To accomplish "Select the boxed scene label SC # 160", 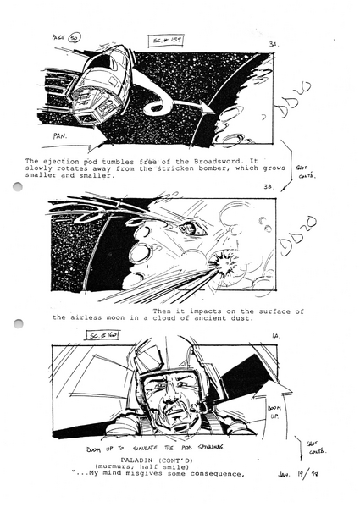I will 104,336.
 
